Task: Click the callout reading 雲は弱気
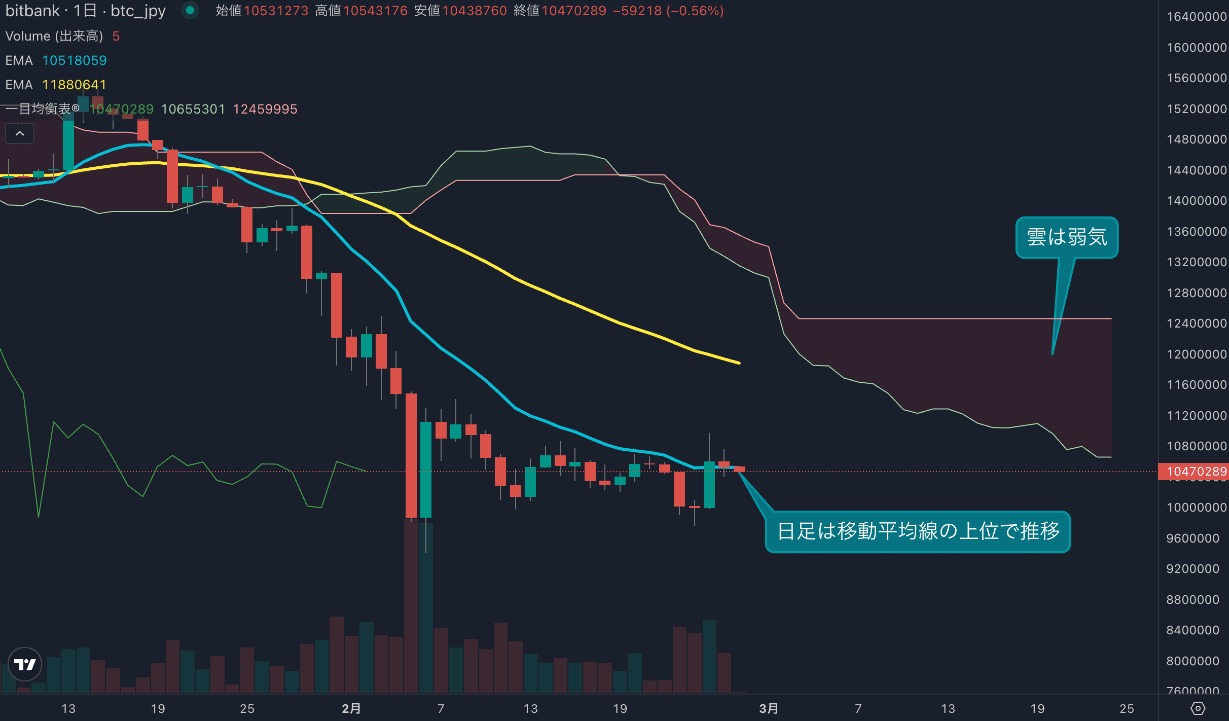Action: coord(1067,237)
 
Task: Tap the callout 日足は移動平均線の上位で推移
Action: coord(918,531)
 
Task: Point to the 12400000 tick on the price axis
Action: coord(1196,323)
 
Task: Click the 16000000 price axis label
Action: coord(1196,48)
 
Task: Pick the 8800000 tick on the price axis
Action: coord(1192,600)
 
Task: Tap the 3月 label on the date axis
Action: coord(768,708)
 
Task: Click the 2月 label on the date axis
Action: coord(351,708)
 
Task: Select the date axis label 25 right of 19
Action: coord(1127,708)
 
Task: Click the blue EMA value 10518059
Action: coord(74,60)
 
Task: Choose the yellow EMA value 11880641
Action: coord(74,85)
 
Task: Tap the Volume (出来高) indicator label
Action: coord(54,36)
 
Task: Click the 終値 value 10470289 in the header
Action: coord(573,11)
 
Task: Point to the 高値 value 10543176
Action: coord(375,11)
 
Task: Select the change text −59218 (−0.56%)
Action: coord(668,11)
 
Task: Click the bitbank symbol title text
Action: coord(85,11)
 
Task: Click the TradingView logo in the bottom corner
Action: coord(25,664)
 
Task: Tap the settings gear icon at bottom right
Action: coord(1198,708)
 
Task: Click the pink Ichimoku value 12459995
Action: coord(265,109)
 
